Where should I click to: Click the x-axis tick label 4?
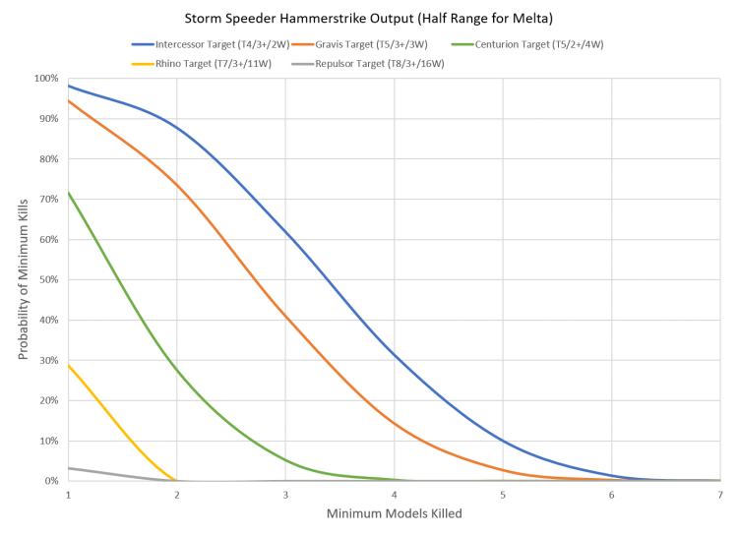click(395, 494)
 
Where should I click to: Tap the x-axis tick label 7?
click(720, 494)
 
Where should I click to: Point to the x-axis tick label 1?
click(68, 494)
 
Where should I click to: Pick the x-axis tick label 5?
click(503, 494)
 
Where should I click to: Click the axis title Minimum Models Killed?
click(394, 514)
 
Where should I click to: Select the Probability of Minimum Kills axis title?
click(22, 279)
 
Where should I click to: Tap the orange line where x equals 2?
click(177, 184)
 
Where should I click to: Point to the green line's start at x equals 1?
click(69, 193)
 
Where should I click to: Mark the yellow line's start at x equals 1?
click(69, 365)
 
